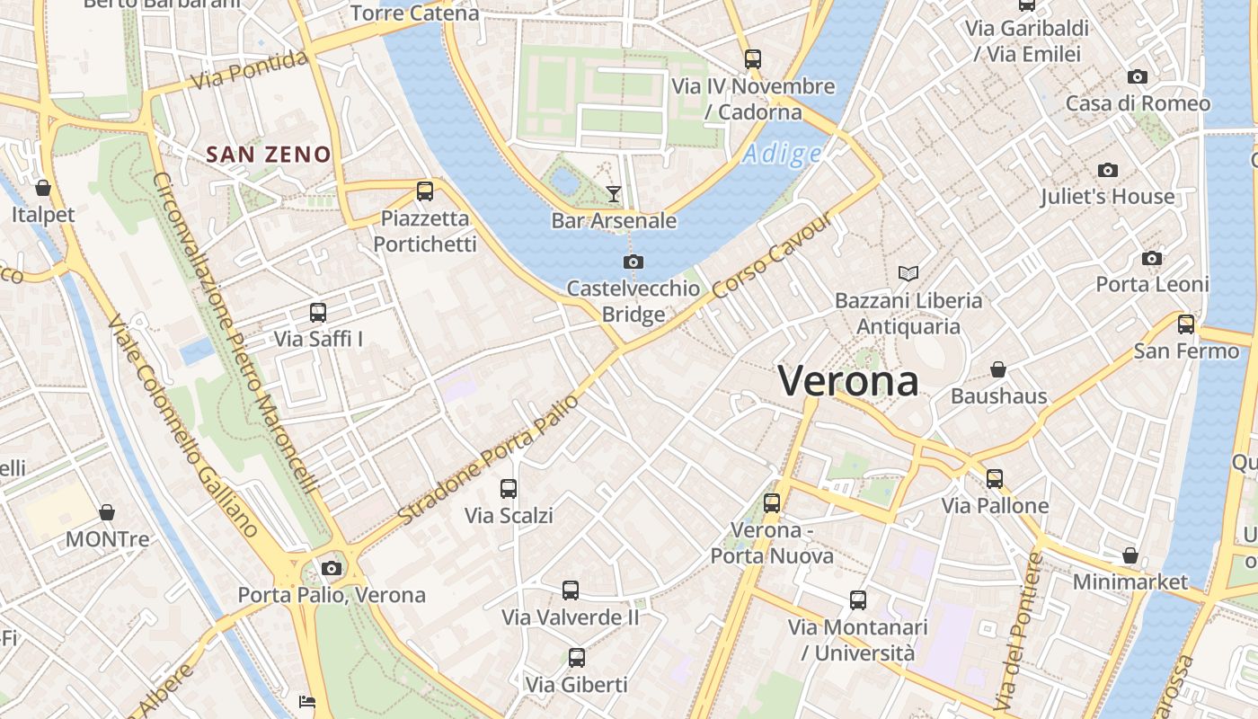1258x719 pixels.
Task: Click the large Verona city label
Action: point(848,381)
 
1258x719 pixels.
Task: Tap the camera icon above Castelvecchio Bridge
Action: point(633,262)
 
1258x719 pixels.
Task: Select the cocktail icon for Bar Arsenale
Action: point(614,193)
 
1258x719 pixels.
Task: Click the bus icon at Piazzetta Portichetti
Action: point(425,191)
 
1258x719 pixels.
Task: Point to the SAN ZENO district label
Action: point(269,155)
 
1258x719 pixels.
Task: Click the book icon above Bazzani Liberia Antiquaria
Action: point(908,273)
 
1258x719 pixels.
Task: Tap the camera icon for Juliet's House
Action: point(1107,170)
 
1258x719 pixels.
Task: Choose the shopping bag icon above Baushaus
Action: point(997,369)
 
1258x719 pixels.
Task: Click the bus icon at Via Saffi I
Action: point(318,313)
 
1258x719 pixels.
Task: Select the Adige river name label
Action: point(782,155)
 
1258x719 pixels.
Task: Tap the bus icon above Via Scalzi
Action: point(509,489)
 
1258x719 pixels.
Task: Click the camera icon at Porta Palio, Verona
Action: point(332,568)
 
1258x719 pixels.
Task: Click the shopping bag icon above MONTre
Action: point(107,512)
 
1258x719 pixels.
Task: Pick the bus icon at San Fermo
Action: point(1186,324)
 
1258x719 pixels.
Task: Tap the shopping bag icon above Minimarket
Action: point(1130,555)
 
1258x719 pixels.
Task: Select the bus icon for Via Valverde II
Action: point(571,590)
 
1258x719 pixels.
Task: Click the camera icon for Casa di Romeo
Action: point(1138,77)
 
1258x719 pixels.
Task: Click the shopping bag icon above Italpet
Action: point(42,188)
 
